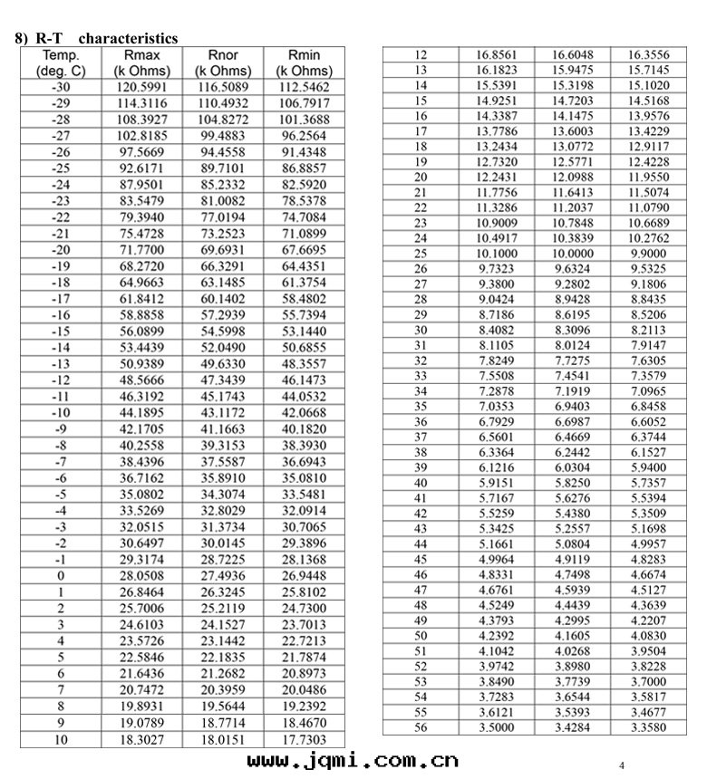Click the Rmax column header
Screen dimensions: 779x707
[141, 63]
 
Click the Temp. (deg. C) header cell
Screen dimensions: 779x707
[60, 63]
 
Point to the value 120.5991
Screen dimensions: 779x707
[141, 87]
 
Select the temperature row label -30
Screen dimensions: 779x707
[60, 87]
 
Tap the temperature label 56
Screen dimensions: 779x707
[421, 727]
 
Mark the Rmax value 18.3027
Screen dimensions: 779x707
[141, 739]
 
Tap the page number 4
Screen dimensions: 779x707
[622, 765]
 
